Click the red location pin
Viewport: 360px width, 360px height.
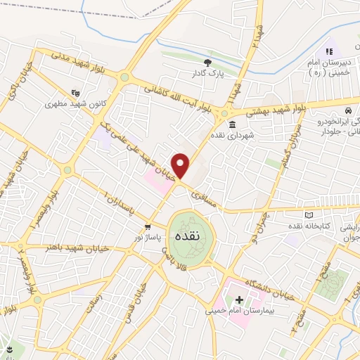coord(181,166)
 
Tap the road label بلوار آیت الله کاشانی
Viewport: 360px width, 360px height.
coord(177,97)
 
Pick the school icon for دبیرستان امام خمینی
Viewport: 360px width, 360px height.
coord(328,51)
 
